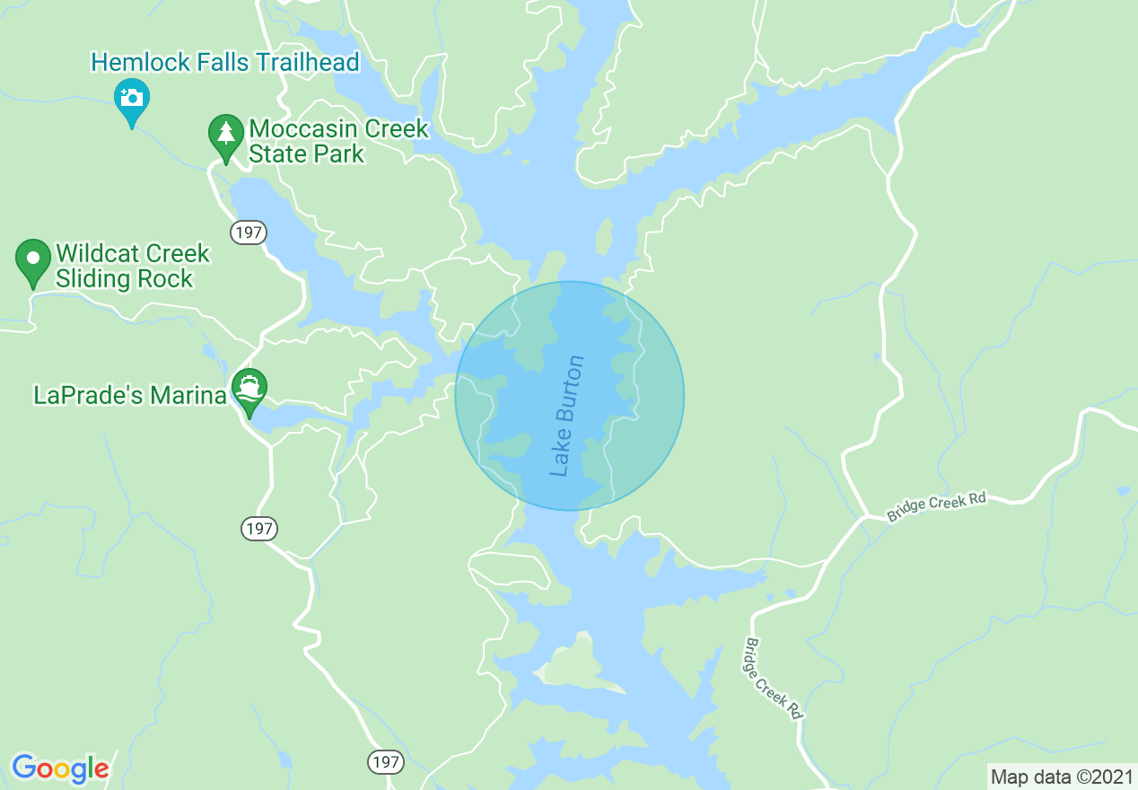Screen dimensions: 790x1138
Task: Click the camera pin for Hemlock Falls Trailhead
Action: point(132,98)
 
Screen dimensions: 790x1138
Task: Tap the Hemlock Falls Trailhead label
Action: point(225,62)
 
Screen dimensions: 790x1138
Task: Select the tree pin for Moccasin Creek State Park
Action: point(225,134)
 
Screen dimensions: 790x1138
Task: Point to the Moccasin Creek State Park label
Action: point(338,141)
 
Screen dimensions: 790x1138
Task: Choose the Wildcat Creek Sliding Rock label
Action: point(132,266)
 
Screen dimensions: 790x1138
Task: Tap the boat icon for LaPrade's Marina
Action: point(249,389)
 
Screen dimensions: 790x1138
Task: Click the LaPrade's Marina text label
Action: point(129,395)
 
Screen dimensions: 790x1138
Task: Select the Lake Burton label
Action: point(567,416)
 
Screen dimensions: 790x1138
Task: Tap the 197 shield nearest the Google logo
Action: point(385,762)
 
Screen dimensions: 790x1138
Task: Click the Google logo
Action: point(60,768)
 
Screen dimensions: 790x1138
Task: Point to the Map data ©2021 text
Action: point(1062,777)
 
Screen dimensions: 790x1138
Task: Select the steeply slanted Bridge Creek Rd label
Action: point(773,678)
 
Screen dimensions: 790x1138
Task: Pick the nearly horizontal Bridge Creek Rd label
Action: point(936,506)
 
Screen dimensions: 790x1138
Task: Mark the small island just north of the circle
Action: point(604,239)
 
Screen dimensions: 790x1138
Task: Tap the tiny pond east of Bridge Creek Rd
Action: point(1122,491)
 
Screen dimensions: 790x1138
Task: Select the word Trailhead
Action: point(308,62)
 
